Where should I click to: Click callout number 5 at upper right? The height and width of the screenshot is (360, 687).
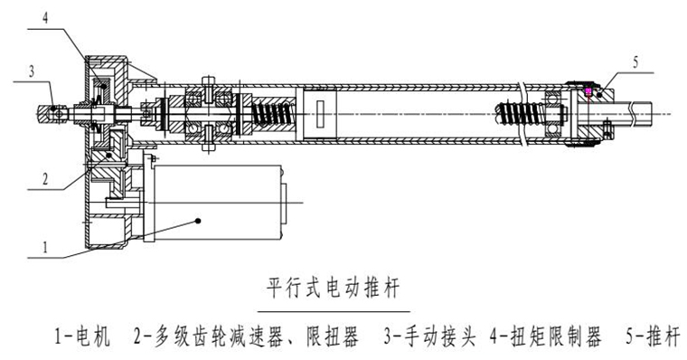tap(635, 62)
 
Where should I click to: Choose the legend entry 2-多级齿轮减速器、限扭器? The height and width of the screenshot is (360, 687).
tap(245, 338)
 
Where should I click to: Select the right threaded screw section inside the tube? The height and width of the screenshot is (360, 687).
tap(516, 114)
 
